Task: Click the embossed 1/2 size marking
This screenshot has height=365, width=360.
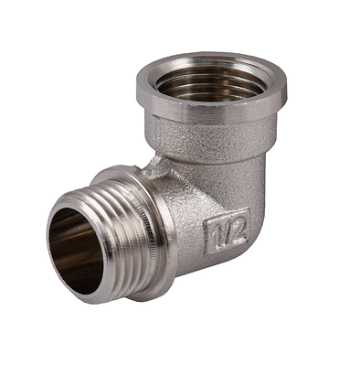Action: coord(226,232)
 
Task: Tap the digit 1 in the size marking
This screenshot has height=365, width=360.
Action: coord(216,233)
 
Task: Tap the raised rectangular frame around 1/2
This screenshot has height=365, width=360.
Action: coord(226,218)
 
